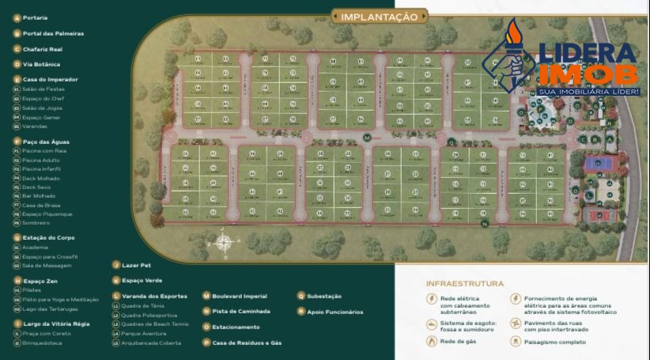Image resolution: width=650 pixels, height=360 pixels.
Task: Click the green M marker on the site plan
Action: [366, 138]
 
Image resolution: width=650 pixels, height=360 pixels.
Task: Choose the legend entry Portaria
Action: [35, 17]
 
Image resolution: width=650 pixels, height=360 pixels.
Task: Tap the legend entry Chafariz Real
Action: [43, 49]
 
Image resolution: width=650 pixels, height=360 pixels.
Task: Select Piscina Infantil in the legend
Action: [43, 169]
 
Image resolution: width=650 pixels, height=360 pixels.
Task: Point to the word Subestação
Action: [324, 296]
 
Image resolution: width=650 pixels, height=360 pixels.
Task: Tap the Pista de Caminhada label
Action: [241, 312]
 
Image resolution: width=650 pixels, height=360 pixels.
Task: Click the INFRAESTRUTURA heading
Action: [465, 283]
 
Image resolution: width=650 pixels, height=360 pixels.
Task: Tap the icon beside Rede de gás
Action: [431, 341]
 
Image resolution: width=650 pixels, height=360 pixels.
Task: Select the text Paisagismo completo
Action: [555, 343]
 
